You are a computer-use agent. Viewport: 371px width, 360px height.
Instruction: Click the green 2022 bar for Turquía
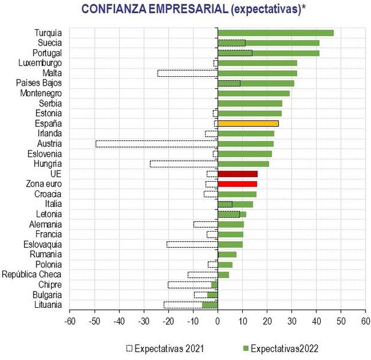tap(276, 32)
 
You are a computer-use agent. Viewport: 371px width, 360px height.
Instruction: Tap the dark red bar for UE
tap(237, 173)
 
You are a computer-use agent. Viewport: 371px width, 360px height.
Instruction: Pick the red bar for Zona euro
tap(237, 184)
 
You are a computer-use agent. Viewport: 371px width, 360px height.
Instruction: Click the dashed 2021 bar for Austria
tap(156, 143)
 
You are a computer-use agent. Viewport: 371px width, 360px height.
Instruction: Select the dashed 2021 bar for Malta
tap(187, 73)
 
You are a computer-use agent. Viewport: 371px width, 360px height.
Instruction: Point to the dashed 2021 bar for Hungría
tap(183, 163)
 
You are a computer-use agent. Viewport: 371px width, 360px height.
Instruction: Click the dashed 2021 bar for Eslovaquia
tap(192, 244)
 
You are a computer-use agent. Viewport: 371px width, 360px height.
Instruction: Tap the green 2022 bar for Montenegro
tap(254, 93)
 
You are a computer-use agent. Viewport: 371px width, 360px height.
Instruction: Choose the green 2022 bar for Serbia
tap(250, 103)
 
